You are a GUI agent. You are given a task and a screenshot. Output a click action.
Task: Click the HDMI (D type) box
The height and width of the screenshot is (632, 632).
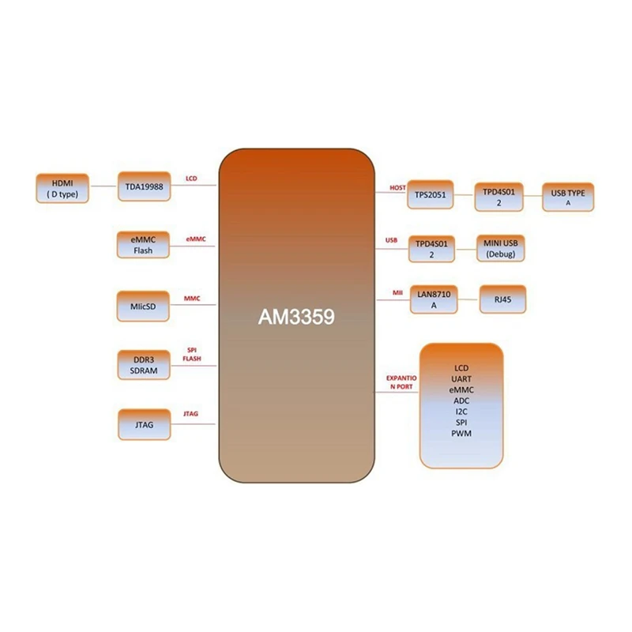[62, 187]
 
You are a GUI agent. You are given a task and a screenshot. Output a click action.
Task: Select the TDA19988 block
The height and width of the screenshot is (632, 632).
[143, 187]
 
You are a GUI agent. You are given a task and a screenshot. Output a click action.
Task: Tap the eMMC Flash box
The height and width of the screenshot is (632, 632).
[143, 245]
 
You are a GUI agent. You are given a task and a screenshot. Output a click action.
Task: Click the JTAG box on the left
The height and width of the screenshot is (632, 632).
[143, 425]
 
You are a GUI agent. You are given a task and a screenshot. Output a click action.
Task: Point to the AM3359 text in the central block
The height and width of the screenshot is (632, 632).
[297, 317]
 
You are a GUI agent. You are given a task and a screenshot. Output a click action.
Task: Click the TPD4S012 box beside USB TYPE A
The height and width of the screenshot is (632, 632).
[498, 197]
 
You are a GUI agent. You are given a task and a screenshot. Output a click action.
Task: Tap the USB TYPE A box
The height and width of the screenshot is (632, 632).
[567, 197]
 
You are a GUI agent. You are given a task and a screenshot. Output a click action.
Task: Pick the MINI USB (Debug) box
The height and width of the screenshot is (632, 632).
[499, 249]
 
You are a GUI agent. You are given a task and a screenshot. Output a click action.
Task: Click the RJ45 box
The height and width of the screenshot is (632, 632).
[501, 299]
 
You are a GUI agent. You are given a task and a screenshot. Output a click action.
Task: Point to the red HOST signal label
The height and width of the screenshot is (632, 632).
[397, 187]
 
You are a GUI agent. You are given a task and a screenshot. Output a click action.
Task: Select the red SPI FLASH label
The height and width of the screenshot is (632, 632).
[192, 353]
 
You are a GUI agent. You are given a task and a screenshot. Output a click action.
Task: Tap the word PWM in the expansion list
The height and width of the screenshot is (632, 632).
[461, 433]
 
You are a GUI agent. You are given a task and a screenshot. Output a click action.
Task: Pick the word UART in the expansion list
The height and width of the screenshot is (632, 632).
[461, 379]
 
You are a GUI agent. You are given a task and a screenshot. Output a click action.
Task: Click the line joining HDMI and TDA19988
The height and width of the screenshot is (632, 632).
[103, 188]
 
